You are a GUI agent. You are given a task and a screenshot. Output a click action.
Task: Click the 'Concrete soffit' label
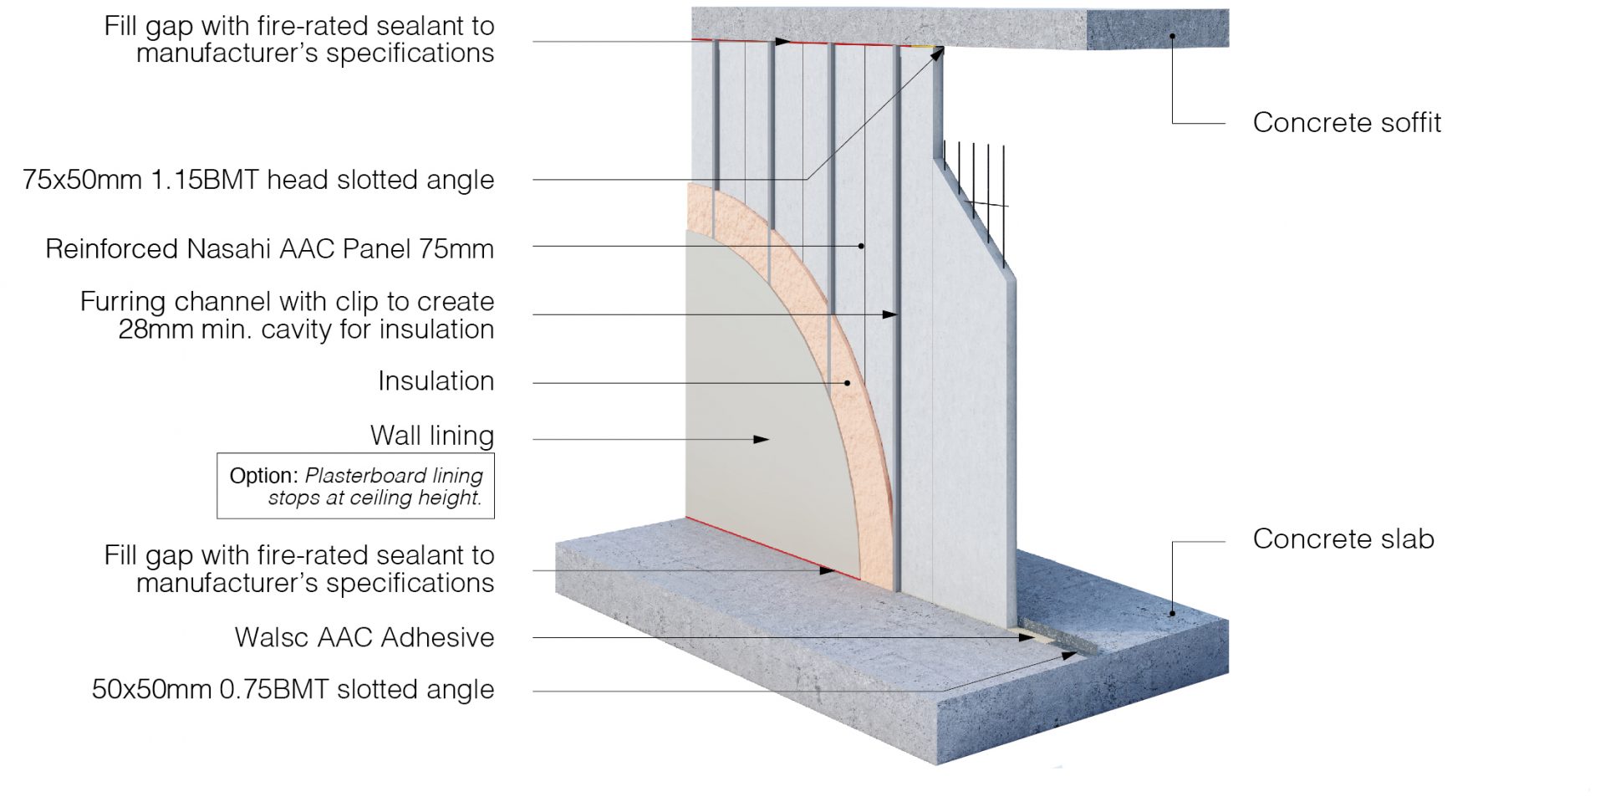coord(1346,123)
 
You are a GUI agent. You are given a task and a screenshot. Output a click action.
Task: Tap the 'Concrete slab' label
coord(1343,539)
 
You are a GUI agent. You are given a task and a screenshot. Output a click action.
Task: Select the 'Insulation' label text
coord(436,381)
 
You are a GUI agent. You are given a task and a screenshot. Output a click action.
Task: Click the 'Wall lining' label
coord(431,436)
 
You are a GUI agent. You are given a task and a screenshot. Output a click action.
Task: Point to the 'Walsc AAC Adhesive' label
coord(364,638)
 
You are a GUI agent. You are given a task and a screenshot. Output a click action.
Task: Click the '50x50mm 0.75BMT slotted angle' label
coord(293,690)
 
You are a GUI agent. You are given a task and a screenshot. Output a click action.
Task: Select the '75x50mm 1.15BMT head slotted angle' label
coord(258,180)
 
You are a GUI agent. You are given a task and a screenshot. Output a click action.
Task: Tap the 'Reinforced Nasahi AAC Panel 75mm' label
coord(269,249)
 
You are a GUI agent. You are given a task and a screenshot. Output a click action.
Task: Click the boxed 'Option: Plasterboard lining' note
coord(355,486)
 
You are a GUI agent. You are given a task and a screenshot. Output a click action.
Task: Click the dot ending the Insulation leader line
coord(847,383)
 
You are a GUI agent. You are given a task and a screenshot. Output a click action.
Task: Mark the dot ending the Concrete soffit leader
coord(1172,36)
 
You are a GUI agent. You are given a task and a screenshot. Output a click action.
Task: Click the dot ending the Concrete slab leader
coord(1172,613)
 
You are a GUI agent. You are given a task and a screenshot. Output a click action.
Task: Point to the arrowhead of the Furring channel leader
coord(891,314)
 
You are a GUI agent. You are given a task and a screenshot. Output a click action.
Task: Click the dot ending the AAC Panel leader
coord(861,246)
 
